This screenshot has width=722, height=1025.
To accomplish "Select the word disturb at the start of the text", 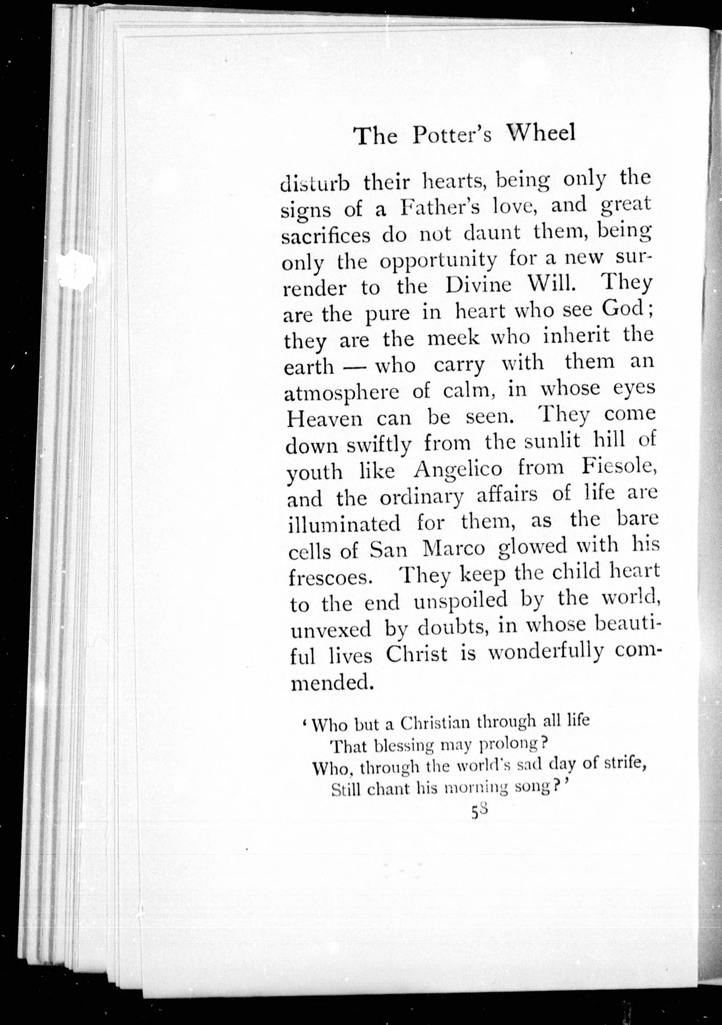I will [x=314, y=183].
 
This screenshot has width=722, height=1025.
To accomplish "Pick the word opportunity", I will [x=438, y=262].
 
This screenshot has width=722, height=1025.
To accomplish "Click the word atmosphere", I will [x=342, y=393].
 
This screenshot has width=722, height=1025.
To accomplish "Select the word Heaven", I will [x=325, y=419].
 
